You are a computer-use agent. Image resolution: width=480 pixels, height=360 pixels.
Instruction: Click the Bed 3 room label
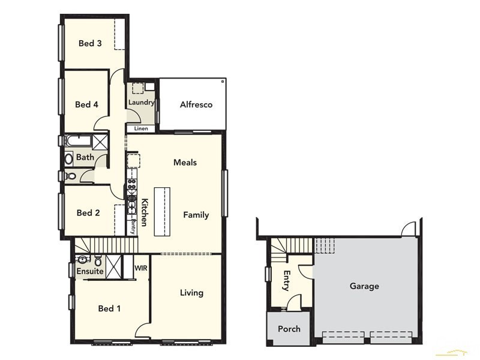point(90,43)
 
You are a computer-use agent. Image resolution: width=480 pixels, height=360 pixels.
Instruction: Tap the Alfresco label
point(196,104)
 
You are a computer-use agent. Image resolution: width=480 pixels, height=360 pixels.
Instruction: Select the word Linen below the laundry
point(141,128)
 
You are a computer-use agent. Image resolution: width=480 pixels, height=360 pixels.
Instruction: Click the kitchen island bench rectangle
point(162,211)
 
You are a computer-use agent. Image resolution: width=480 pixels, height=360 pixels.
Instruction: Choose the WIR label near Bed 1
point(142,268)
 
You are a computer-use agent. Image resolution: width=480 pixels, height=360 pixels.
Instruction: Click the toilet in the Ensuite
point(98,261)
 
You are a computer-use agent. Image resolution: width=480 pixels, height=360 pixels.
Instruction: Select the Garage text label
point(364,286)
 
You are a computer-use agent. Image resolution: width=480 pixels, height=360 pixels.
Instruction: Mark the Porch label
point(289,329)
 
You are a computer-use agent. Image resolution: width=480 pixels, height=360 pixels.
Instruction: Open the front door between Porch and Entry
point(293,304)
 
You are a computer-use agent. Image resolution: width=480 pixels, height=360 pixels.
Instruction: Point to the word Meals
point(185,163)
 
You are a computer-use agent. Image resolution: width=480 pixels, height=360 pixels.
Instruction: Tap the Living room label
point(191,293)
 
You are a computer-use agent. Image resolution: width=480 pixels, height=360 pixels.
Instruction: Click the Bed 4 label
point(86,104)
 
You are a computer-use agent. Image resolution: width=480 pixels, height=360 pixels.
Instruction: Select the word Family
point(196,215)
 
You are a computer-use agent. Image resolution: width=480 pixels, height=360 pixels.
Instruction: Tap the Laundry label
point(141,103)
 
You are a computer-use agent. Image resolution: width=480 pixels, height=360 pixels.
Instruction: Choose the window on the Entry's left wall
point(268,274)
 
